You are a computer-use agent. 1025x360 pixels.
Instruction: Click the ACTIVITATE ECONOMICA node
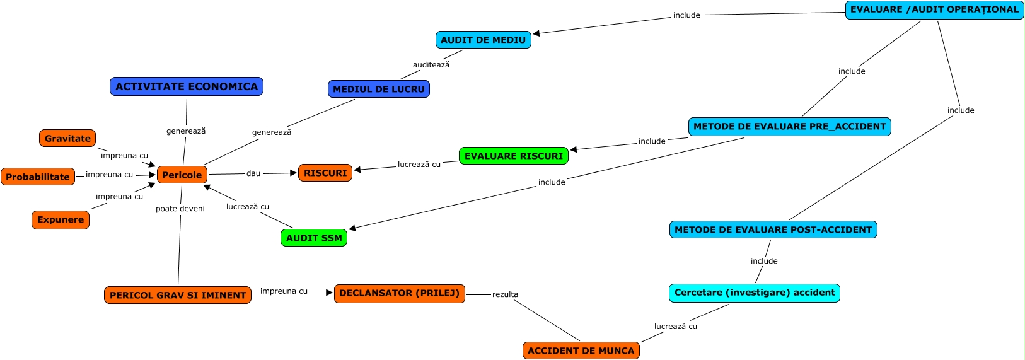tap(187, 86)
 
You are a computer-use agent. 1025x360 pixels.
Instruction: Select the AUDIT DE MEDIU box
tap(483, 40)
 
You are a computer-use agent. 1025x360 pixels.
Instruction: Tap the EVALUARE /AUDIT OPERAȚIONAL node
tap(934, 9)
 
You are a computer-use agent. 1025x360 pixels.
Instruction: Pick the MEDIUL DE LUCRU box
tap(379, 89)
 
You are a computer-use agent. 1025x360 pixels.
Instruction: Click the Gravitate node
tap(67, 138)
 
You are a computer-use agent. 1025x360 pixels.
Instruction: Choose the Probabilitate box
tap(38, 177)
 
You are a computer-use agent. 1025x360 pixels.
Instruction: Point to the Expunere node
tap(61, 219)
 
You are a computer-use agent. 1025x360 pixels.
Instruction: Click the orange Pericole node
tap(182, 175)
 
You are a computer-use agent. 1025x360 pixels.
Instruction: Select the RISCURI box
tap(325, 173)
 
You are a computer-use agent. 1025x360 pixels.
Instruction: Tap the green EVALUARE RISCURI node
tap(514, 156)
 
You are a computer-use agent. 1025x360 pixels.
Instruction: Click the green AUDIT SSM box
tap(314, 238)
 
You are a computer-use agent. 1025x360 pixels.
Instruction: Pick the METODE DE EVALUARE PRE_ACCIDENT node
tap(790, 126)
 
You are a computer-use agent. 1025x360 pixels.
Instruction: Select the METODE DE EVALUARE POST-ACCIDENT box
tap(773, 229)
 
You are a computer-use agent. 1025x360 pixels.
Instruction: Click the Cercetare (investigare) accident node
tap(755, 293)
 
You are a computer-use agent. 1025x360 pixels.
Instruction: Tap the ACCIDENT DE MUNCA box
tap(581, 351)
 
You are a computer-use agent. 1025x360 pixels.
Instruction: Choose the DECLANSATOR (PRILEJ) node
tap(400, 293)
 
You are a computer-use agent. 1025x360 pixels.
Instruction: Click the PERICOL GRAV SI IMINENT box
tap(178, 295)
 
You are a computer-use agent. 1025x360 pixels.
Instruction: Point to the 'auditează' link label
tap(431, 64)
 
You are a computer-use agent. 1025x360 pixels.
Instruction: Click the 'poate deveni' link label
tap(180, 209)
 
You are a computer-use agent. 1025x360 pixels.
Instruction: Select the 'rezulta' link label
tap(506, 294)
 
